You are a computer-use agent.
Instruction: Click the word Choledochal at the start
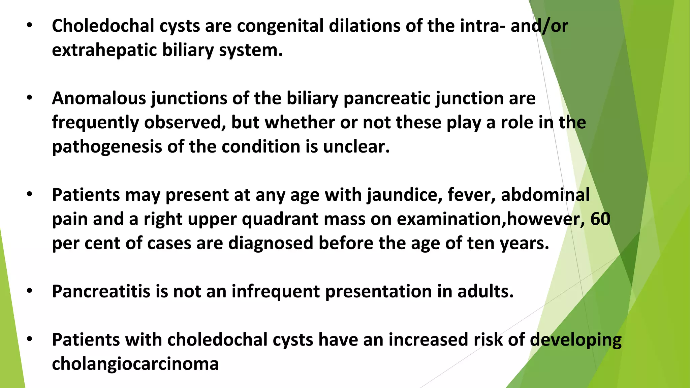pyautogui.click(x=103, y=26)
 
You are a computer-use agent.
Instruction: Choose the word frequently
pyautogui.click(x=95, y=123)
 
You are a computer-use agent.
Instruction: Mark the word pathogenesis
pyautogui.click(x=107, y=147)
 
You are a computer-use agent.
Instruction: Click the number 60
pyautogui.click(x=600, y=219)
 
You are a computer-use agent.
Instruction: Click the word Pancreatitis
pyautogui.click(x=101, y=291)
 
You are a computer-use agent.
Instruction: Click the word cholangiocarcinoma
pyautogui.click(x=135, y=364)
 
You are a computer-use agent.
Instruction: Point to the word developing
pyautogui.click(x=576, y=340)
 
